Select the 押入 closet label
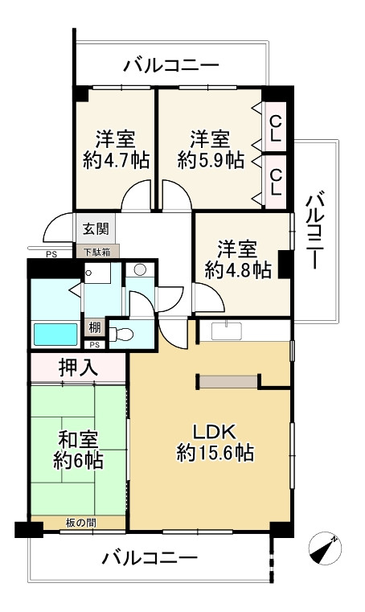tap(78, 368)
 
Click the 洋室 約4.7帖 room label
tap(116, 149)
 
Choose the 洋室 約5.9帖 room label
tap(210, 149)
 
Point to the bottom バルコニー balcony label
tap(150, 557)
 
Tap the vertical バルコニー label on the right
tap(318, 229)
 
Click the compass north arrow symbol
tap(325, 550)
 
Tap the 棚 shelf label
tap(95, 328)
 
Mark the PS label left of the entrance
tap(51, 255)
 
